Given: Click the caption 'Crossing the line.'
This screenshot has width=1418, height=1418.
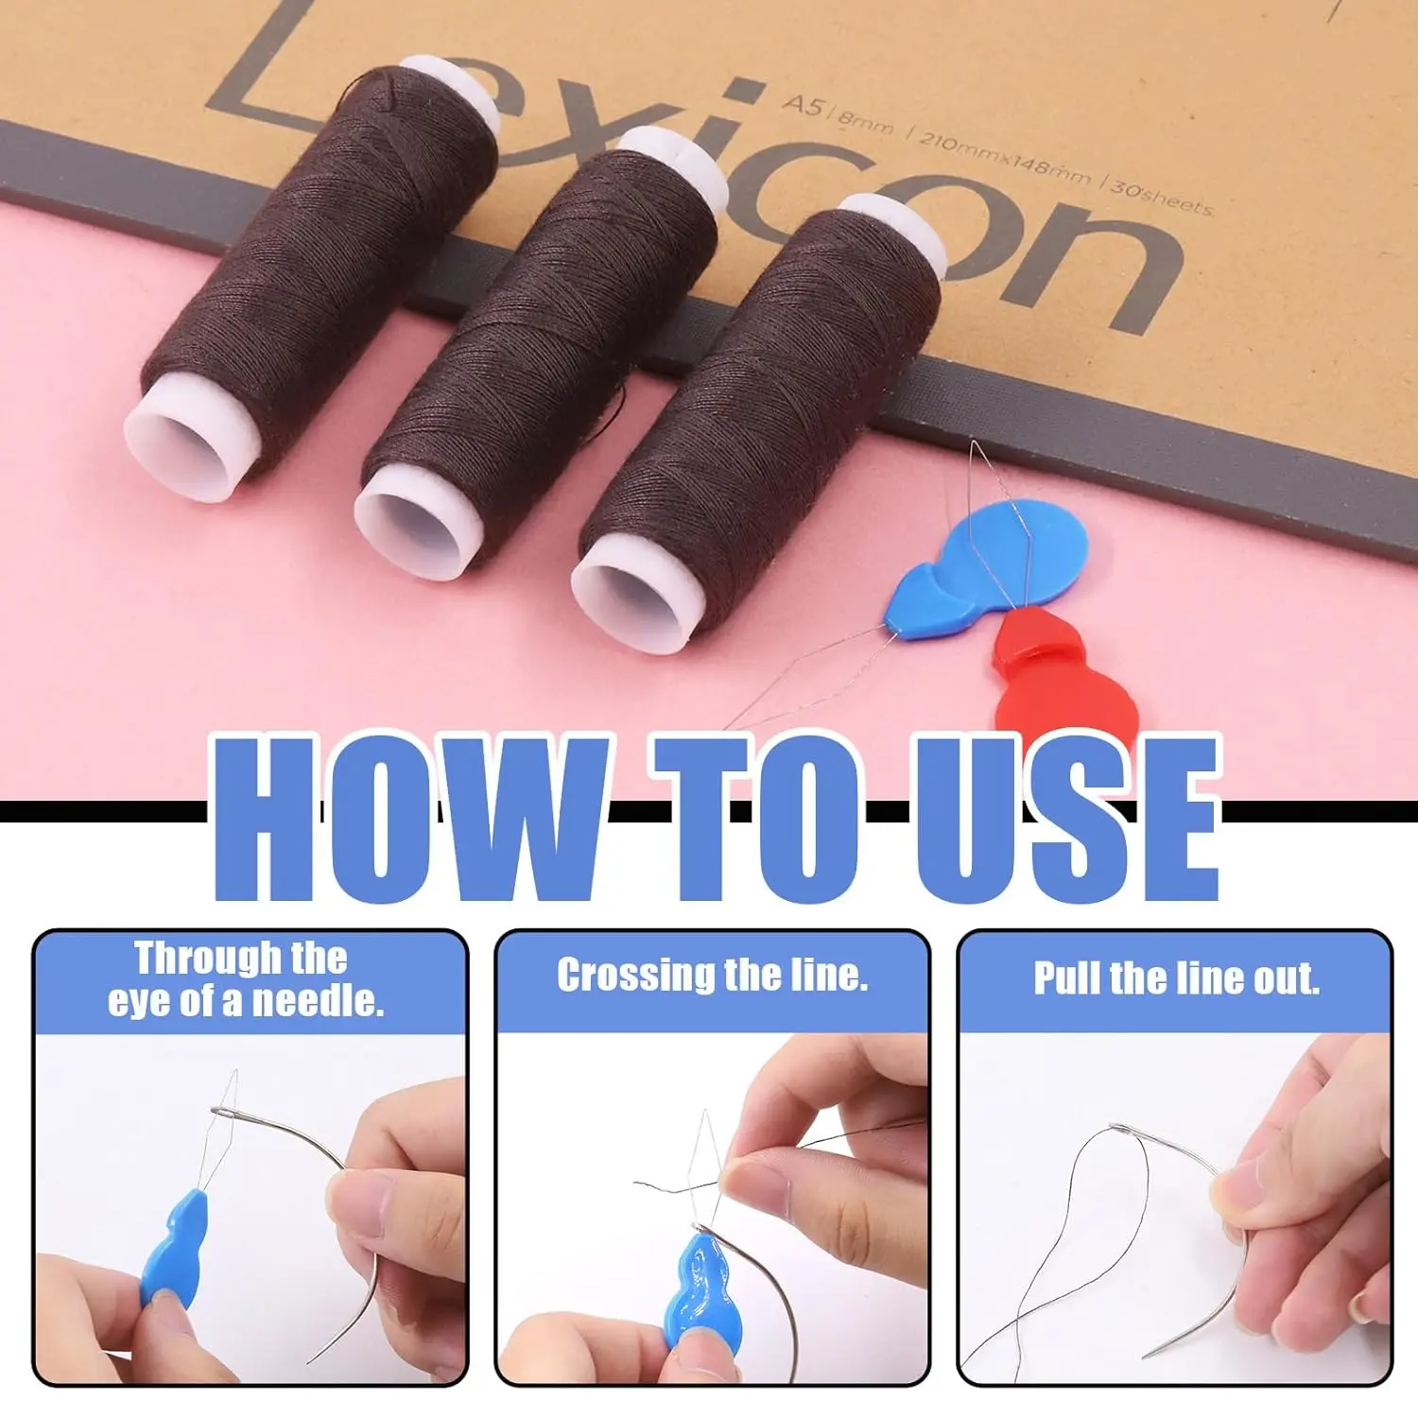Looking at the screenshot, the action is click(713, 976).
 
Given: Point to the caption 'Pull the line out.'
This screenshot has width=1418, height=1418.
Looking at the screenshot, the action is click(1177, 978).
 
